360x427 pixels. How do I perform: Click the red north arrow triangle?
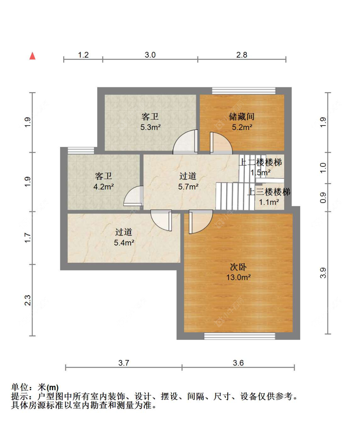[x=32, y=56]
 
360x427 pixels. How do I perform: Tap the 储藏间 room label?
[x=242, y=117]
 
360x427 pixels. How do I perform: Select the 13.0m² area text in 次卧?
[x=238, y=277]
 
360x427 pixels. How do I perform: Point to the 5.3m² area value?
[x=150, y=127]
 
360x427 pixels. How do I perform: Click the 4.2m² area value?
[x=104, y=187]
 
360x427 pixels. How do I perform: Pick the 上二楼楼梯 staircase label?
[x=260, y=163]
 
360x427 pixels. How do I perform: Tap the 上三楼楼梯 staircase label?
[x=268, y=192]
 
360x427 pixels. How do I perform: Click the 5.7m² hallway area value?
[x=188, y=187]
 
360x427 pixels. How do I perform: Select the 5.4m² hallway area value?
[x=124, y=243]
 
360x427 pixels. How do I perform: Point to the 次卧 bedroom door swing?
[x=201, y=222]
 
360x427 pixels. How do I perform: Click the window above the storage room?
[x=244, y=91]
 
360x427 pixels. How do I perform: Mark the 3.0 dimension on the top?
[x=150, y=55]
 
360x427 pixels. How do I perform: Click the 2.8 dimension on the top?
[x=242, y=55]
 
